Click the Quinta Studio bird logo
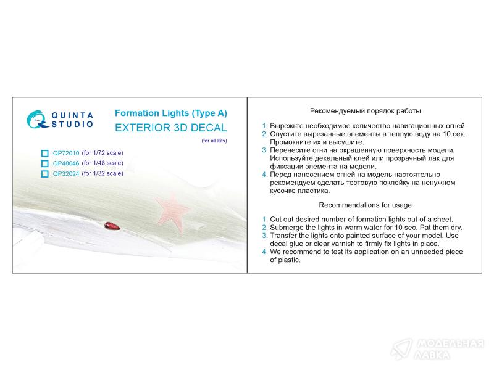tap(37, 119)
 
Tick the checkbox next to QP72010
tap(44, 153)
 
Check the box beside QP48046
tap(44, 163)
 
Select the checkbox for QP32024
tap(44, 174)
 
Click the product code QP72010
tap(66, 153)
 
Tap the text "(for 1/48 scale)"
tap(103, 163)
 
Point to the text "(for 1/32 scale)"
tap(103, 173)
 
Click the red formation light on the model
tap(112, 226)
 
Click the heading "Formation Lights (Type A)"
tap(171, 113)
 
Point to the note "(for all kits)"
tap(214, 141)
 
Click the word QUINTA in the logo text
tap(72, 115)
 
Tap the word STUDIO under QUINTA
tap(72, 125)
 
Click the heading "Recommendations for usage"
tap(365, 205)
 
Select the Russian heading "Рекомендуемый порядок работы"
tap(365, 111)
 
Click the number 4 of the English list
tap(264, 252)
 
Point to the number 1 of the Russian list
tap(264, 126)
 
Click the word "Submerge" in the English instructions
tap(284, 228)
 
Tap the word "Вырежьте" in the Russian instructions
tap(287, 126)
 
